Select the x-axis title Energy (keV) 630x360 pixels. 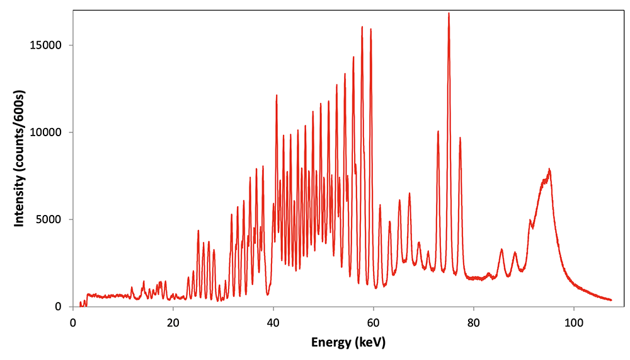[348, 343]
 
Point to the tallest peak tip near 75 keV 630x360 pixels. [449, 13]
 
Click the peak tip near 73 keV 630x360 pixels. [438, 131]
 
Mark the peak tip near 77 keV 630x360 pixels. [460, 137]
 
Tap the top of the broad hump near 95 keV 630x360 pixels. [549, 169]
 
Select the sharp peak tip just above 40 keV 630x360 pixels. [276, 95]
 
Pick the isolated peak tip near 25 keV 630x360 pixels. [198, 231]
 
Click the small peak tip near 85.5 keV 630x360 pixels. [501, 250]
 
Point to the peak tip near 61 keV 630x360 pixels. [380, 205]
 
